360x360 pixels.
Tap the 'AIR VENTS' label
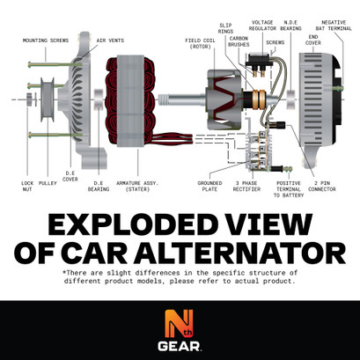click(109, 40)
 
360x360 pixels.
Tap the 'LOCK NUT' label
click(27, 186)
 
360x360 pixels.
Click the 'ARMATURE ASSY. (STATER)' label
click(139, 186)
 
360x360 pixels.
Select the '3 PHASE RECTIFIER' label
click(248, 186)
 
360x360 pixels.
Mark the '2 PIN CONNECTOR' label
click(322, 186)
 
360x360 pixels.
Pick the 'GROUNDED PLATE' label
click(209, 186)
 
